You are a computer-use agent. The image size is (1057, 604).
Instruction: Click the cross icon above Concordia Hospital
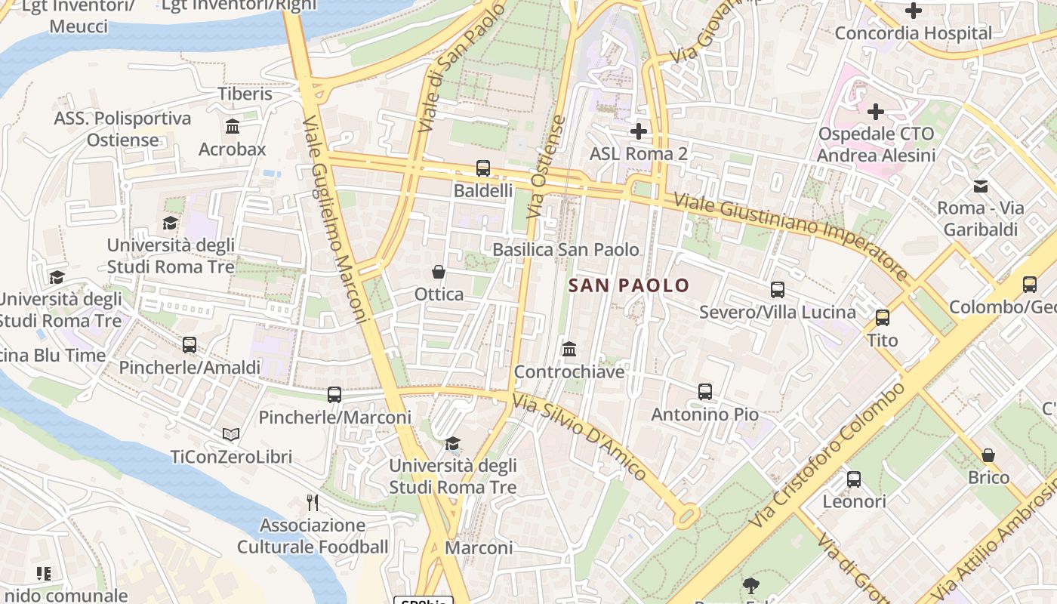pyautogui.click(x=914, y=11)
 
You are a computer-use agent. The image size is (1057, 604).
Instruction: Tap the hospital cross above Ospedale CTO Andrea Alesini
pyautogui.click(x=876, y=112)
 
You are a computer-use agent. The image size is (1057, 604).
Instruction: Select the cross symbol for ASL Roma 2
pyautogui.click(x=639, y=131)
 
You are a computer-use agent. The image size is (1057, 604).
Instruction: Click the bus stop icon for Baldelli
pyautogui.click(x=483, y=168)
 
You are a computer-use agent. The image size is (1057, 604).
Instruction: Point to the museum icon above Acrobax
pyautogui.click(x=233, y=127)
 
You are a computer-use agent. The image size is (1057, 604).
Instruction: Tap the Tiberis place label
pyautogui.click(x=245, y=94)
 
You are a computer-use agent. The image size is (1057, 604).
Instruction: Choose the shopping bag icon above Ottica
pyautogui.click(x=439, y=272)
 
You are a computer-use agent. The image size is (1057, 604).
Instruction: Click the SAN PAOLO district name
pyautogui.click(x=629, y=285)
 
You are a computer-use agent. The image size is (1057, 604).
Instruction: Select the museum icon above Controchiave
pyautogui.click(x=569, y=350)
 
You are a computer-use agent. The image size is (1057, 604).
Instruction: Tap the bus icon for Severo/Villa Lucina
pyautogui.click(x=778, y=290)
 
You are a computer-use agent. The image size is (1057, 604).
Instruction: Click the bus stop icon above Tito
pyautogui.click(x=883, y=318)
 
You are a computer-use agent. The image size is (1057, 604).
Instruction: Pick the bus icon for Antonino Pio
pyautogui.click(x=705, y=392)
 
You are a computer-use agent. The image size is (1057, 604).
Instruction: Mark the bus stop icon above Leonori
pyautogui.click(x=854, y=479)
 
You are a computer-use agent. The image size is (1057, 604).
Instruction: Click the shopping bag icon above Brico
pyautogui.click(x=988, y=455)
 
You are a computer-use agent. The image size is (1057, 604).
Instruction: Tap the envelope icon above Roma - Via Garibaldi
pyautogui.click(x=981, y=186)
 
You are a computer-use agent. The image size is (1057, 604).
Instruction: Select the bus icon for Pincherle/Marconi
pyautogui.click(x=334, y=395)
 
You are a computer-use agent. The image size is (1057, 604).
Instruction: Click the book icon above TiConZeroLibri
pyautogui.click(x=231, y=435)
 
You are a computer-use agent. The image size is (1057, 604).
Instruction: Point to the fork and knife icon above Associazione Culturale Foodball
pyautogui.click(x=313, y=503)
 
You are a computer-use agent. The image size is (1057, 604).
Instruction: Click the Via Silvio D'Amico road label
pyautogui.click(x=579, y=437)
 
